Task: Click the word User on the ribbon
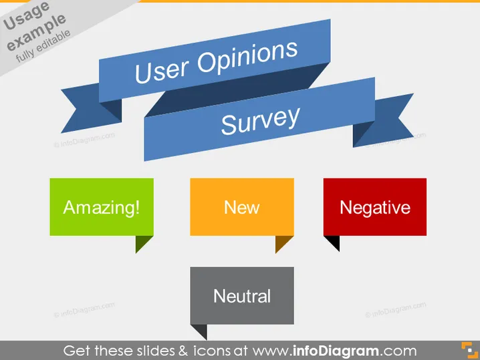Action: tap(162, 70)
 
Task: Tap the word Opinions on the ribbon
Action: tap(247, 56)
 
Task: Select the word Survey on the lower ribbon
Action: tap(261, 120)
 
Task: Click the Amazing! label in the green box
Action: tap(102, 207)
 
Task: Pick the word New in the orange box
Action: tap(242, 207)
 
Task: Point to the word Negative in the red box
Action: tap(375, 208)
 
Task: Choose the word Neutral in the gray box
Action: tap(242, 296)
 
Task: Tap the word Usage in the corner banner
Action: tap(26, 16)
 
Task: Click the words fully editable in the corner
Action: tap(43, 46)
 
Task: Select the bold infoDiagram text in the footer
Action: tap(336, 351)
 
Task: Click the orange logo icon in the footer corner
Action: tap(469, 350)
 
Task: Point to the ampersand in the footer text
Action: tap(183, 351)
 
